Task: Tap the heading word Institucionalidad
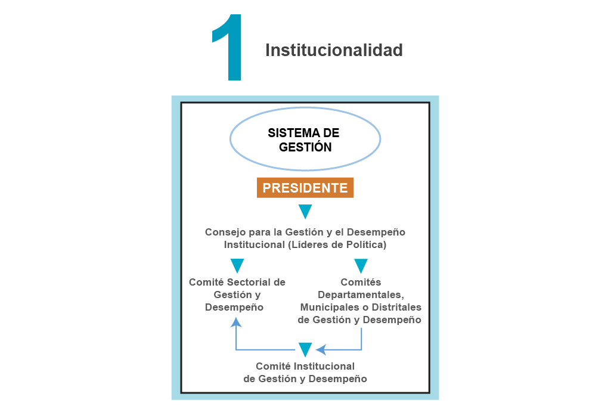click(x=334, y=50)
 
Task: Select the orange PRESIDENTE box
click(x=305, y=188)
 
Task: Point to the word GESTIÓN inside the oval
click(x=305, y=147)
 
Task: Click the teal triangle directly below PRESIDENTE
click(x=305, y=212)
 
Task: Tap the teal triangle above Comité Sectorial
click(x=237, y=266)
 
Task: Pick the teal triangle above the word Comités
click(x=361, y=266)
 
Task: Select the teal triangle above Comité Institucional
click(x=305, y=350)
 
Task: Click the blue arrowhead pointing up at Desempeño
click(x=235, y=322)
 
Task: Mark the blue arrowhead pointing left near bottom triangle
click(x=321, y=349)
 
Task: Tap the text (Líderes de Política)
click(x=337, y=244)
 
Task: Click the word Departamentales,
click(x=361, y=295)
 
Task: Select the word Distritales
click(x=396, y=307)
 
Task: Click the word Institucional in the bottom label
click(x=324, y=366)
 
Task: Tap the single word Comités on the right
click(x=361, y=282)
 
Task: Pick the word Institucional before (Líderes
click(x=255, y=244)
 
